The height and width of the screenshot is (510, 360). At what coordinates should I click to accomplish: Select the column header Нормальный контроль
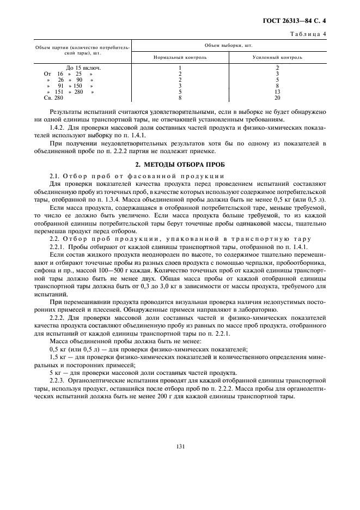pyautogui.click(x=179, y=57)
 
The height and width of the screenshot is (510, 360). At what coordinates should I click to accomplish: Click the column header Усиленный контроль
pyautogui.click(x=277, y=57)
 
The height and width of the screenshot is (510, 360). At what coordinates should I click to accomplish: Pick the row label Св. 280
pyautogui.click(x=53, y=98)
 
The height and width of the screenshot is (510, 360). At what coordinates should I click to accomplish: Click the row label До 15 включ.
pyautogui.click(x=83, y=68)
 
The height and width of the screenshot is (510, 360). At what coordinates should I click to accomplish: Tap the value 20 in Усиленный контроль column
pyautogui.click(x=277, y=98)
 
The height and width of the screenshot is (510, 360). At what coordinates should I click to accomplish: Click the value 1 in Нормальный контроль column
pyautogui.click(x=179, y=68)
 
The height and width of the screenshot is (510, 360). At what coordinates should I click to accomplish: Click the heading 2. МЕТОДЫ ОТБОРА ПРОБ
pyautogui.click(x=180, y=165)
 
